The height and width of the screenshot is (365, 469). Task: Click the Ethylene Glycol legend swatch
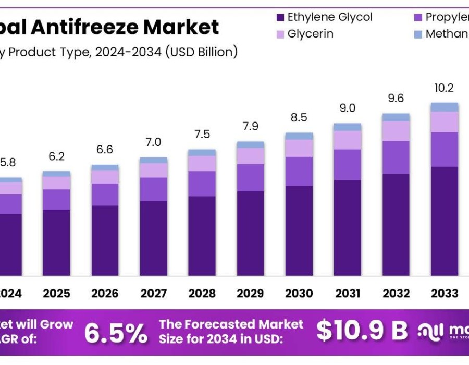coord(280,17)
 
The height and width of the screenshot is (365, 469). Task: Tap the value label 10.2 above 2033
coord(444,88)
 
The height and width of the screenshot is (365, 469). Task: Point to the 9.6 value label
coord(396,99)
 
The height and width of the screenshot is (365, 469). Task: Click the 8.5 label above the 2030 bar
coord(299,118)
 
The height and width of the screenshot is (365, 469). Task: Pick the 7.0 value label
coord(153,142)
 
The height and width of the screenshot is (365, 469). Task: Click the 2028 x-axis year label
coord(202,293)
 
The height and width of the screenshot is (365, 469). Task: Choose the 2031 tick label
coord(347,293)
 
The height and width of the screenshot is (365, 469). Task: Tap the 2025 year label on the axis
coord(56,293)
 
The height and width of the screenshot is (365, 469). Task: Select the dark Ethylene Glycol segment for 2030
coord(299,230)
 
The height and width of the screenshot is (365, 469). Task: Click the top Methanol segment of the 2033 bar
coord(444,107)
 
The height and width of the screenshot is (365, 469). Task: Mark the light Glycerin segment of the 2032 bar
coord(396,131)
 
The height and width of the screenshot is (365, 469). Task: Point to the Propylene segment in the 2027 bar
coord(153,189)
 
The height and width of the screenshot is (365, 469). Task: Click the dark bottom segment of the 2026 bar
coord(105,240)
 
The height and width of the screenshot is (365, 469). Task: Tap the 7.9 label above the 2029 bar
coord(250,127)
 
